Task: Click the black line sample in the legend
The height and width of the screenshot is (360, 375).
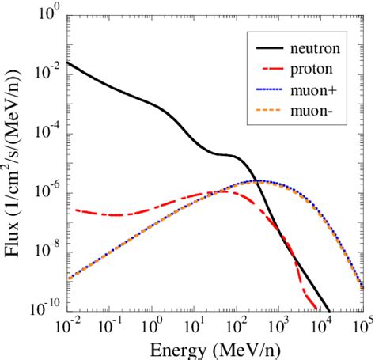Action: [263, 49]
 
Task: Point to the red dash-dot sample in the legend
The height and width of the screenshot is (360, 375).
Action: [263, 70]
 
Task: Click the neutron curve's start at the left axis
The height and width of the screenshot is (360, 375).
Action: [69, 63]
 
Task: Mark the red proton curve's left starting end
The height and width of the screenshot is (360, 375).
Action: [75, 210]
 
